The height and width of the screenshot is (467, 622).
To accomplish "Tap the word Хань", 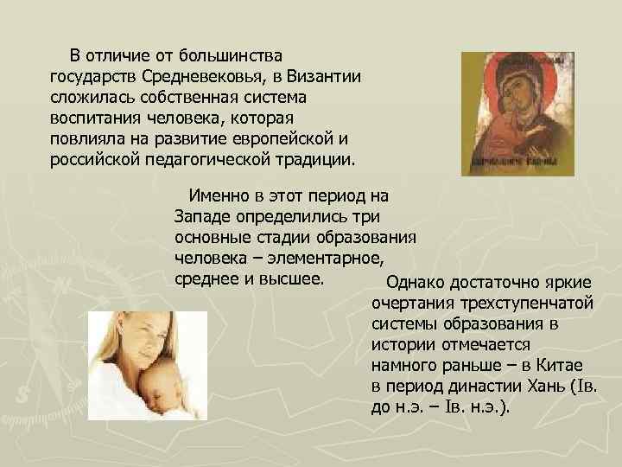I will tap(547, 387).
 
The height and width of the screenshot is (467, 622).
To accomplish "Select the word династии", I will tap(482, 387).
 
